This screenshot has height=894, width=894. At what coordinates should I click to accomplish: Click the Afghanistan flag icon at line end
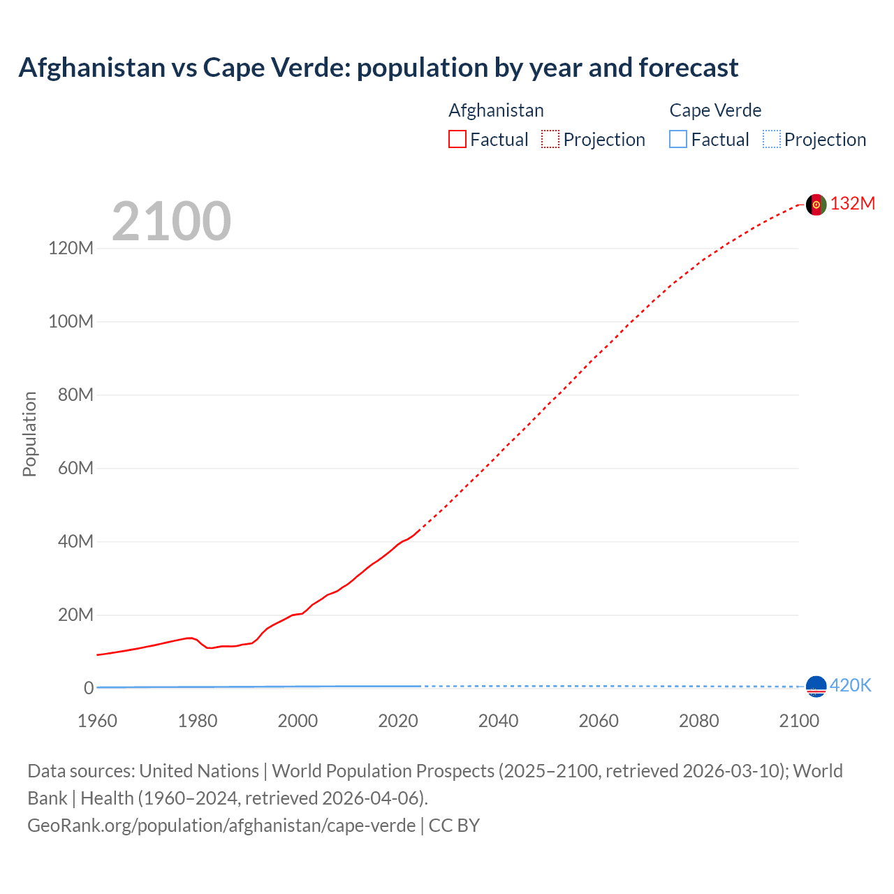[x=816, y=205]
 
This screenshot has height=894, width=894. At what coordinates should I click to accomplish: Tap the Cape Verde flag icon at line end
[x=816, y=687]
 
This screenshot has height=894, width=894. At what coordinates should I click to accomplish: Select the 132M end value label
[x=853, y=203]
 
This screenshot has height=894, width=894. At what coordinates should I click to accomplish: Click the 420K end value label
[x=851, y=686]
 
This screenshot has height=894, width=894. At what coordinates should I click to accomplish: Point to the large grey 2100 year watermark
[x=171, y=221]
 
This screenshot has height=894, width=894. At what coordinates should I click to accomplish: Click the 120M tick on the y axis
[x=71, y=249]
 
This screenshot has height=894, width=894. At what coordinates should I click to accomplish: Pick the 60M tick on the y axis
[x=75, y=468]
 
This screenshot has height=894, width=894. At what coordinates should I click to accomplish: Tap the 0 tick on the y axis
[x=88, y=688]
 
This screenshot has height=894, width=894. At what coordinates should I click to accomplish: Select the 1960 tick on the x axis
[x=97, y=721]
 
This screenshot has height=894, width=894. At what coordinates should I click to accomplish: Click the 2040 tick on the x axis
[x=498, y=721]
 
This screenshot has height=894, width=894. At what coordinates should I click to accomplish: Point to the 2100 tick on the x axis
[x=799, y=721]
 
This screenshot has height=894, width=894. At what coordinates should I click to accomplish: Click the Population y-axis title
[x=29, y=434]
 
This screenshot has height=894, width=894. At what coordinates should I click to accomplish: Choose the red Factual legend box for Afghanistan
[x=457, y=140]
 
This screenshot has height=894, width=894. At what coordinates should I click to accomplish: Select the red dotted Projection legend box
[x=550, y=140]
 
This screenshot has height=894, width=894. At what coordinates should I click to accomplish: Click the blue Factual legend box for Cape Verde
[x=678, y=140]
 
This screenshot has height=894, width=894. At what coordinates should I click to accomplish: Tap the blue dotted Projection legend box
[x=772, y=140]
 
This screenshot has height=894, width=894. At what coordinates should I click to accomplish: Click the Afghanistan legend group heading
[x=496, y=110]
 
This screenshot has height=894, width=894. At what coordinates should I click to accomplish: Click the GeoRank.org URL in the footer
[x=221, y=826]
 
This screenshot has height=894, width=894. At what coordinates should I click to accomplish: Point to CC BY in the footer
[x=454, y=826]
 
